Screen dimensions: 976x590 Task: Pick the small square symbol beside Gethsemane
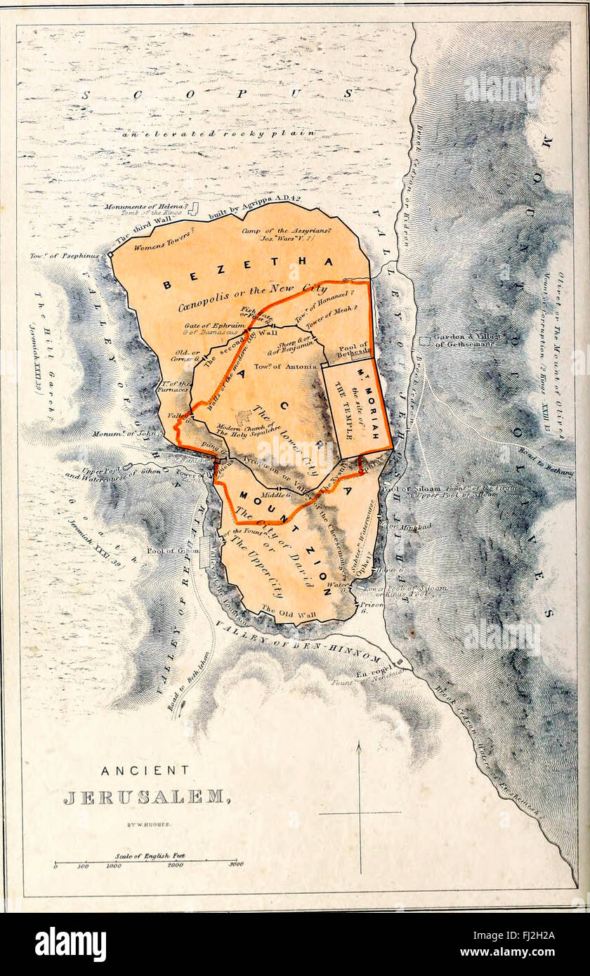click(424, 341)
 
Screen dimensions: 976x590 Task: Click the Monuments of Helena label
click(146, 207)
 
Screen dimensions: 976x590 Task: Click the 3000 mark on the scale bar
click(235, 865)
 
